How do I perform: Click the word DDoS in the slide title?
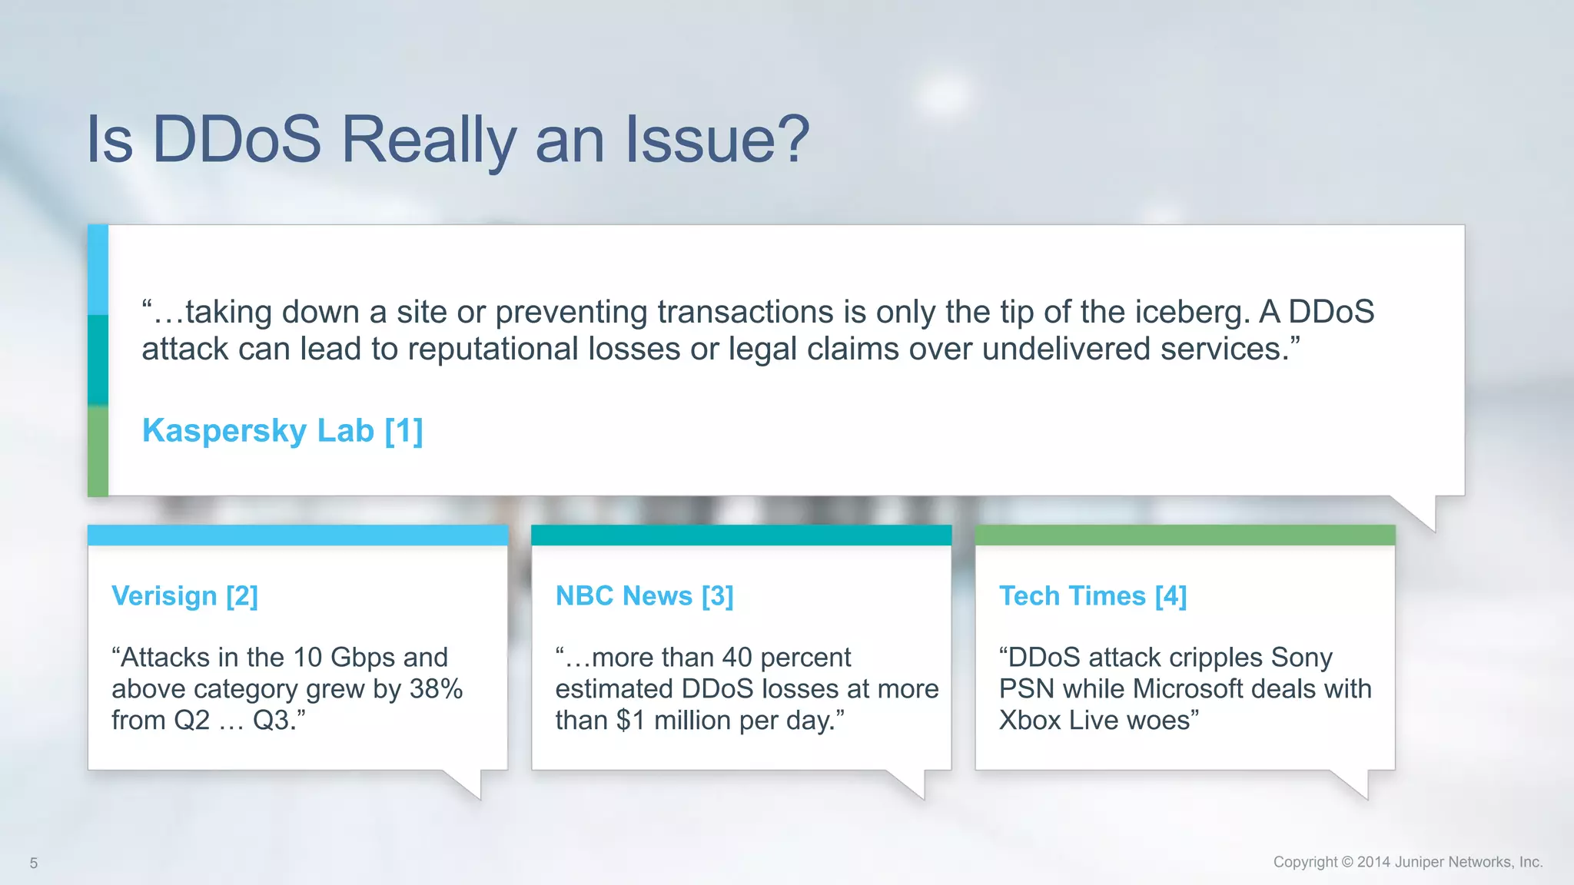click(x=237, y=140)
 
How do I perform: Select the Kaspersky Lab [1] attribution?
click(x=282, y=430)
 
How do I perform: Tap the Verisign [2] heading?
click(x=184, y=596)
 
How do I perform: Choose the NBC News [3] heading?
click(x=644, y=596)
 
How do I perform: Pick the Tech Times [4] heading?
click(x=1092, y=596)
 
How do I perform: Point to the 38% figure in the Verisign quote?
click(x=436, y=689)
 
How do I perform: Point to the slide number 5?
click(x=33, y=863)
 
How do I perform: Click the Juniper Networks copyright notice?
click(x=1407, y=862)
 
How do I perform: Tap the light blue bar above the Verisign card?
click(x=297, y=535)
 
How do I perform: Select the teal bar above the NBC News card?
click(x=741, y=535)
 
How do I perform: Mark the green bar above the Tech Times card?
click(x=1184, y=535)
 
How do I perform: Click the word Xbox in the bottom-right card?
click(x=1029, y=721)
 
